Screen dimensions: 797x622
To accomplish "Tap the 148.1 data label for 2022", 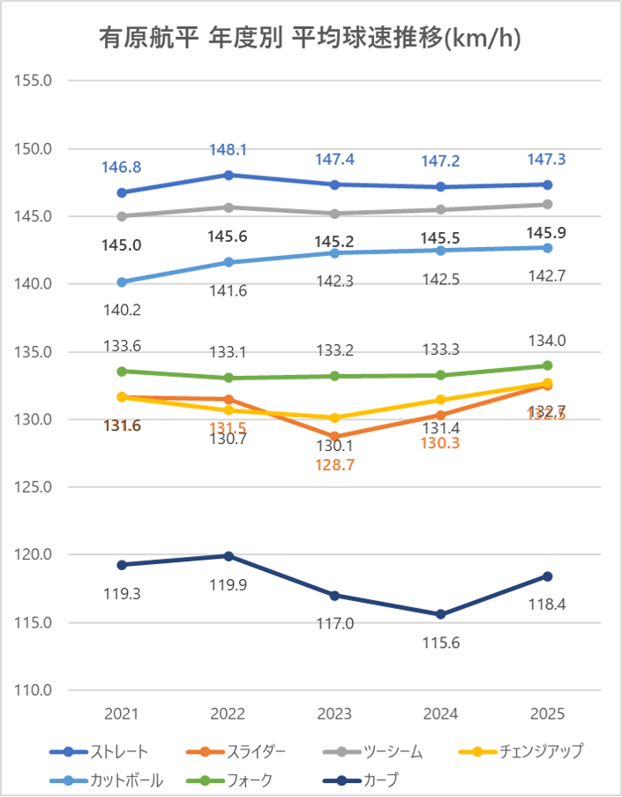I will (x=229, y=150).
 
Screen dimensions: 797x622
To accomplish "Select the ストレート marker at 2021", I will (x=122, y=192).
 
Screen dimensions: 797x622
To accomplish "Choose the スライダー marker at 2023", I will (x=334, y=437).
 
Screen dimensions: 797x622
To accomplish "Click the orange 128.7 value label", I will (x=334, y=464).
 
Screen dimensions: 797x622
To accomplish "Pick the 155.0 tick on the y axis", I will (x=34, y=80).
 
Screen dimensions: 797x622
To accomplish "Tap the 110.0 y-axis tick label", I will (x=34, y=690).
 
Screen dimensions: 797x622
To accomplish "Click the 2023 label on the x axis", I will (x=334, y=714).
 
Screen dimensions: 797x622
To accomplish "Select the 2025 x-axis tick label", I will (x=547, y=714).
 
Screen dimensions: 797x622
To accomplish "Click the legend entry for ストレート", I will (x=99, y=752).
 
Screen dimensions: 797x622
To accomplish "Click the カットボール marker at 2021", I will (x=122, y=282).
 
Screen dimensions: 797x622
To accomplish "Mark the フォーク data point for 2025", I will (x=547, y=365).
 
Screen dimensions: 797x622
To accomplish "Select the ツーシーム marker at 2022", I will (x=229, y=207).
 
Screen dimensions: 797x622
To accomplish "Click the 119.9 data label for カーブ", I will (x=229, y=583).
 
